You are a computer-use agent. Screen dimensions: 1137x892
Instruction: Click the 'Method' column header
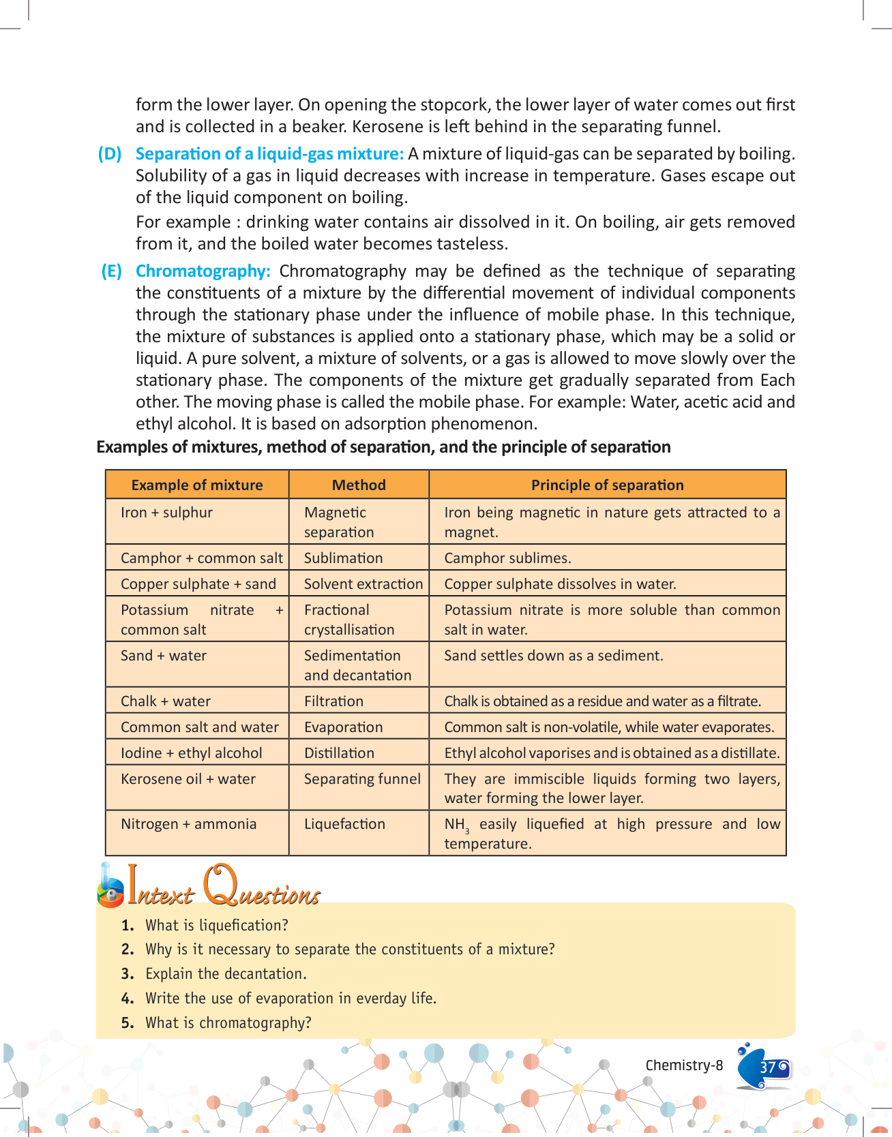(359, 485)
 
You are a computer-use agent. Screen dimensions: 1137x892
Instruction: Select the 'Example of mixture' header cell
(197, 485)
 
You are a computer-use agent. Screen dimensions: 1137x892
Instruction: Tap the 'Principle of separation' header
(607, 485)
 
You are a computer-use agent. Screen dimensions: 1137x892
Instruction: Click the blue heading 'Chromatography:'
(203, 271)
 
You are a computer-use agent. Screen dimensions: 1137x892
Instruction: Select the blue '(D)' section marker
(110, 154)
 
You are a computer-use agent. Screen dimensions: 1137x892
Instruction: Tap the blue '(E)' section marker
(111, 271)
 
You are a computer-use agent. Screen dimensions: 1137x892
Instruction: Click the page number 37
(768, 1067)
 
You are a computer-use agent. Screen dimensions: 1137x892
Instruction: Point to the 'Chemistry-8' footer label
(684, 1065)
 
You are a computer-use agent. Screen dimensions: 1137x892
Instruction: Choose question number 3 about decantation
(226, 974)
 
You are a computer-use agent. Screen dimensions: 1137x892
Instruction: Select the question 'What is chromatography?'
(228, 1023)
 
